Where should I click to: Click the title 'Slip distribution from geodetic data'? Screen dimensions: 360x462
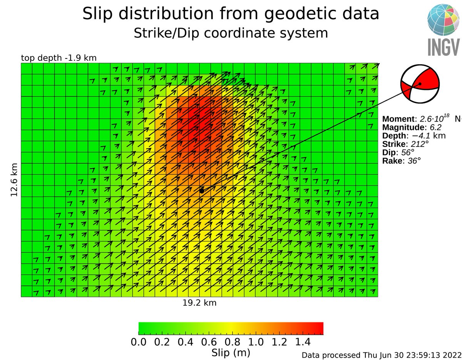(x=231, y=14)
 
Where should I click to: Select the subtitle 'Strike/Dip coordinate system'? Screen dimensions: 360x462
(x=231, y=33)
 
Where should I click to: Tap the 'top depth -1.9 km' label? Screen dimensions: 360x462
(x=59, y=58)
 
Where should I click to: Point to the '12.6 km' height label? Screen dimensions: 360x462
(x=15, y=180)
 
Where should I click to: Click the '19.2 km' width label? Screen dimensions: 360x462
(x=199, y=303)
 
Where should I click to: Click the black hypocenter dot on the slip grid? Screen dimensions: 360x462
(x=202, y=191)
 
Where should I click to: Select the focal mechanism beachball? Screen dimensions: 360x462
(x=419, y=85)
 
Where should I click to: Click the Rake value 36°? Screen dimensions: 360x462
(x=412, y=160)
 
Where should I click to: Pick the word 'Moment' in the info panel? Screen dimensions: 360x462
(x=396, y=119)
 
